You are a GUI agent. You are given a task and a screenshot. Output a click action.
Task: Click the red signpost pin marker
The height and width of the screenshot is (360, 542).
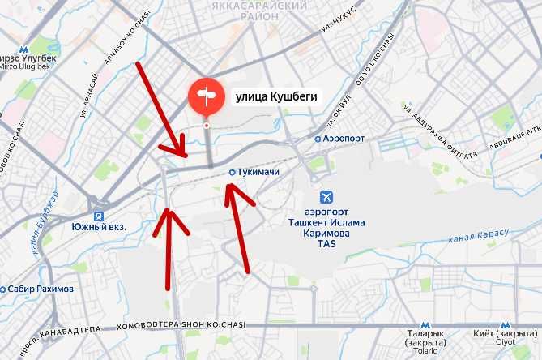tap(207, 96)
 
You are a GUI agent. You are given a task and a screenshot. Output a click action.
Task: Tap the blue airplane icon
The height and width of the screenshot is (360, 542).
tap(326, 198)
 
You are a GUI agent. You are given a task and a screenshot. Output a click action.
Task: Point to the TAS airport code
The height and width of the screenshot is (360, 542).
tap(326, 243)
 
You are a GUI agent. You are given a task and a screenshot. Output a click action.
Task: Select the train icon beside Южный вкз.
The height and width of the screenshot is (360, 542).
tap(99, 216)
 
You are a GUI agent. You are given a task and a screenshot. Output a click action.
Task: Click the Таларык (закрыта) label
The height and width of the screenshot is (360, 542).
tap(426, 334)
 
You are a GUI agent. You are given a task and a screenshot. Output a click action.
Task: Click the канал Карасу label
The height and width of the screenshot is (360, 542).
tap(478, 238)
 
